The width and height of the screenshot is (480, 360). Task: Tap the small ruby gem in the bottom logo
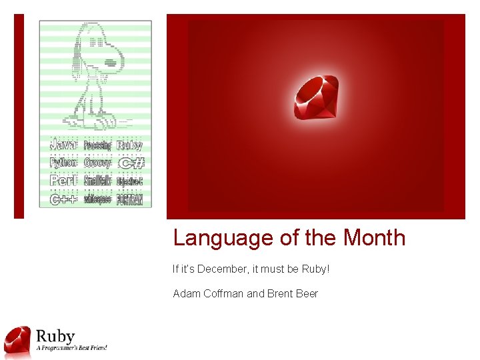coord(17,341)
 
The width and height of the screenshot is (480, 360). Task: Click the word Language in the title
coord(214,238)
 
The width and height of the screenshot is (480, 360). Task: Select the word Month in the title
coord(374,238)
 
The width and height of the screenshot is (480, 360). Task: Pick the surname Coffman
coord(223,293)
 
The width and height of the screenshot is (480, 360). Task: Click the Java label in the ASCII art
coord(64,145)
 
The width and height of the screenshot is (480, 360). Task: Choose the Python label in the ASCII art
coord(64,163)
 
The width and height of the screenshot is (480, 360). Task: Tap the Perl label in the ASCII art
coord(64,181)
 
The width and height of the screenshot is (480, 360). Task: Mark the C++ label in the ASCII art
coord(64,199)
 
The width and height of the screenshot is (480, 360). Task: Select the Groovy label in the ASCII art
coord(97,163)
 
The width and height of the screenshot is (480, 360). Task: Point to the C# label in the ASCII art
coord(131,163)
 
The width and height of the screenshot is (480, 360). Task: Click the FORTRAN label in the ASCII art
coord(130,199)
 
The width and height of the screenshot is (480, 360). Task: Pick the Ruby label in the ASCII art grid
coord(130,145)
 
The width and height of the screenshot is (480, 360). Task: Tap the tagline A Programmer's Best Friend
coord(71,347)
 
